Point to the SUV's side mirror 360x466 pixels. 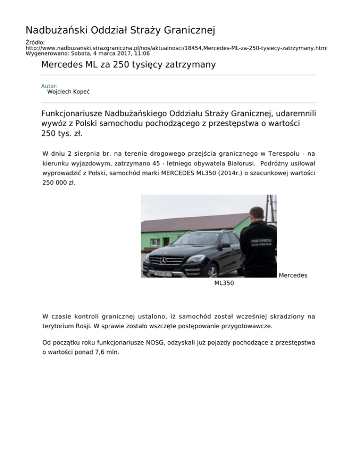(x=225, y=246)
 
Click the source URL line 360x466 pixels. (x=176, y=48)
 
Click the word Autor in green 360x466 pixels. (x=49, y=86)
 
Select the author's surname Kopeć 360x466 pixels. (x=81, y=92)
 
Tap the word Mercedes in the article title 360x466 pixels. (x=61, y=64)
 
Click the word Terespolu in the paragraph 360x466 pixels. (x=284, y=153)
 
